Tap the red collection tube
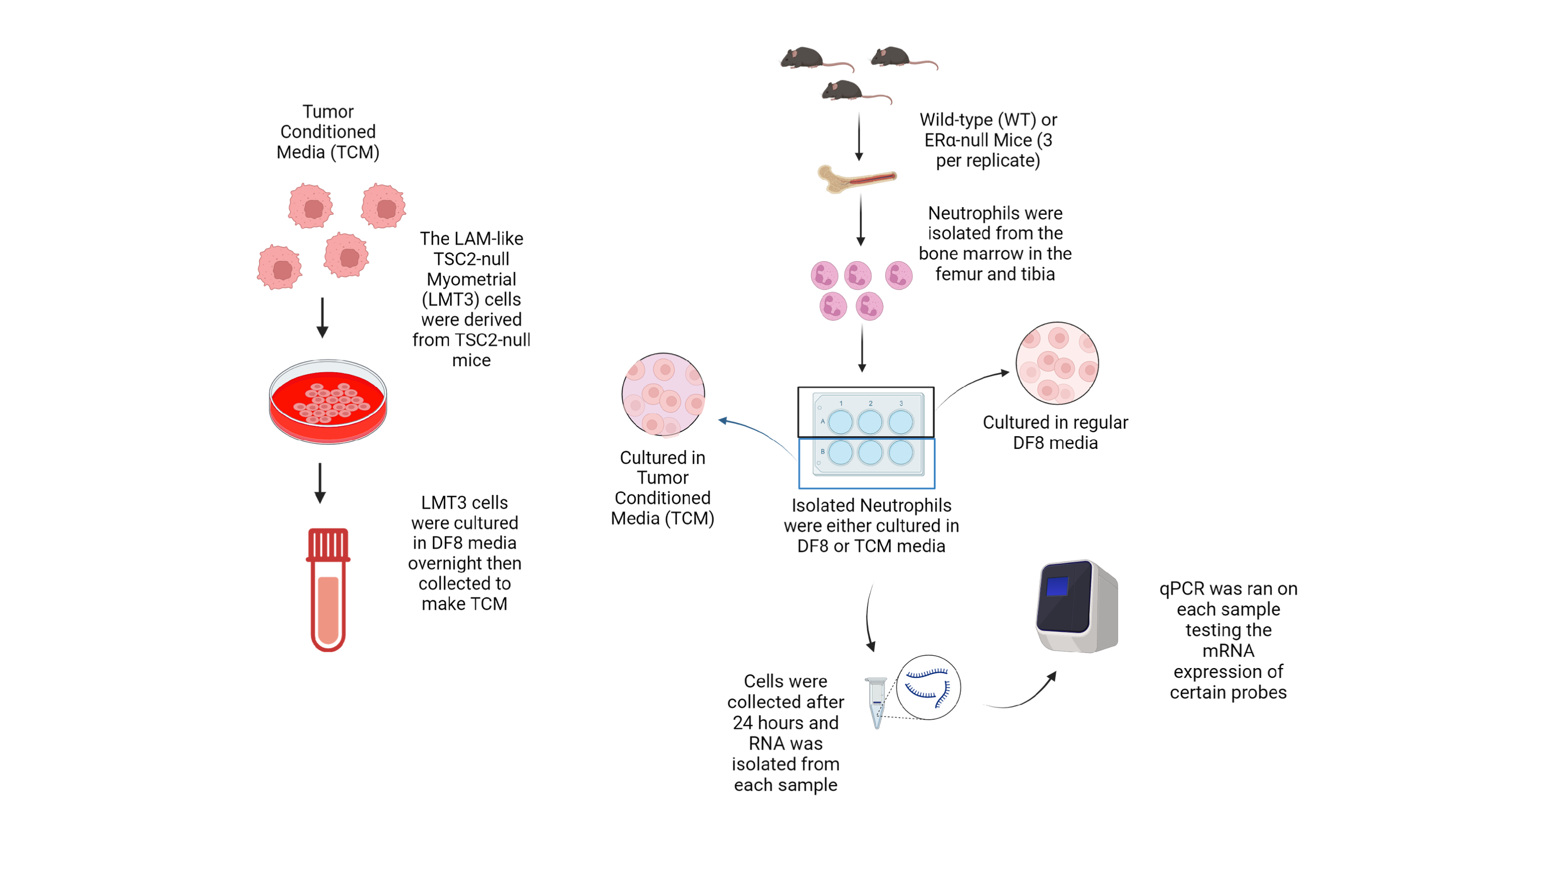pos(328,589)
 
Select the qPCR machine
pos(1077,607)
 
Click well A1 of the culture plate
pos(841,422)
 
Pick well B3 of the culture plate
pos(901,452)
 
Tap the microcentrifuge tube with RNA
pos(876,701)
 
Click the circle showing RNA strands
pos(928,687)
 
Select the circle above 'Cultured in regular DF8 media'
pos(1057,363)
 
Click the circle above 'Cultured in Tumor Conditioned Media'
pos(663,395)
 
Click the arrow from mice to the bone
pos(858,137)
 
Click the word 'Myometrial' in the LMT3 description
pos(471,279)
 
